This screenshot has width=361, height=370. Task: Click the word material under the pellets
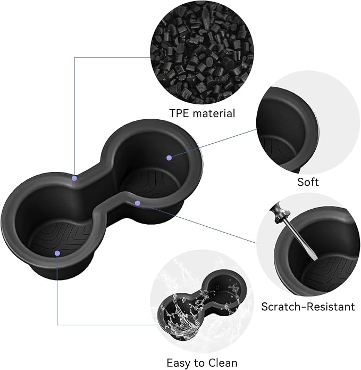click(214, 113)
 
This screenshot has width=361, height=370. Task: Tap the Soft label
click(308, 182)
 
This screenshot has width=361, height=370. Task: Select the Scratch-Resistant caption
click(308, 307)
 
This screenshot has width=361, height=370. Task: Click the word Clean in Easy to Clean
click(222, 363)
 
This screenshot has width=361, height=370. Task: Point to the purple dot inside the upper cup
click(169, 158)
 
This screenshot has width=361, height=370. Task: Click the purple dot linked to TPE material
click(74, 178)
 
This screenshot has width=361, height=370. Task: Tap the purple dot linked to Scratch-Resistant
click(138, 203)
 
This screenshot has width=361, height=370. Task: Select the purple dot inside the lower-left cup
click(57, 253)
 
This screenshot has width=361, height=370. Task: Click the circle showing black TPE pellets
click(202, 52)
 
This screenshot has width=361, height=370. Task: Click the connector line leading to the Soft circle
click(214, 143)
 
